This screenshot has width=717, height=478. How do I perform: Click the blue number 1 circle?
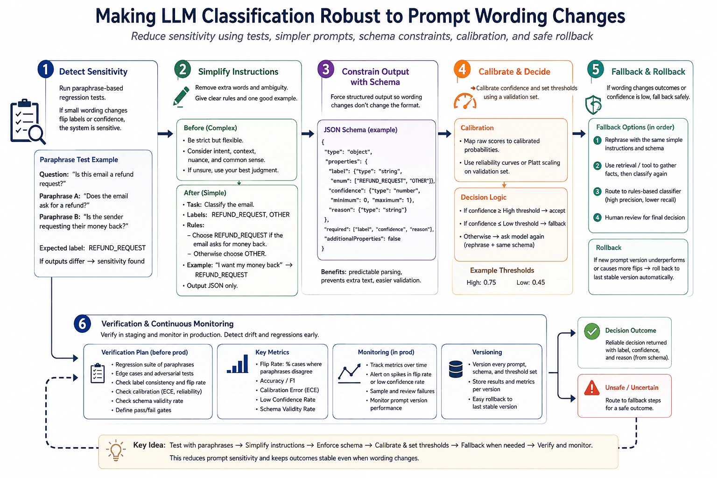pyautogui.click(x=45, y=69)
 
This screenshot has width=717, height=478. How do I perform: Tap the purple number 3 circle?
pyautogui.click(x=326, y=69)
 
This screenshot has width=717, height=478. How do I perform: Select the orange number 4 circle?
pyautogui.click(x=462, y=69)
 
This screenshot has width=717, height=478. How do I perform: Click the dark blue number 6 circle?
pyautogui.click(x=82, y=323)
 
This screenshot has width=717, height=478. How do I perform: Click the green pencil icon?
pyautogui.click(x=181, y=96)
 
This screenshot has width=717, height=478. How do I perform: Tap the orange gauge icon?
pyautogui.click(x=465, y=101)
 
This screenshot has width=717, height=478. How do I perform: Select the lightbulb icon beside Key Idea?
pyautogui.click(x=116, y=450)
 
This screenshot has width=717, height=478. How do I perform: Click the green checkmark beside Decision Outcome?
pyautogui.click(x=592, y=331)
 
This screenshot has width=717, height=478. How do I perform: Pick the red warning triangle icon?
pyautogui.click(x=592, y=388)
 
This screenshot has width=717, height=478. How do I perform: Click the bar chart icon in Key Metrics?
pyautogui.click(x=238, y=364)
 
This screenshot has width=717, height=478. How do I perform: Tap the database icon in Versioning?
pyautogui.click(x=456, y=369)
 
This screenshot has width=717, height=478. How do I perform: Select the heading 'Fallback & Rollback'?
pyautogui.click(x=648, y=72)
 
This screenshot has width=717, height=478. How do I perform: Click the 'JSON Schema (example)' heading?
pyautogui.click(x=360, y=130)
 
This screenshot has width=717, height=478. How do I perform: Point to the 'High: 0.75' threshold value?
pyautogui.click(x=481, y=282)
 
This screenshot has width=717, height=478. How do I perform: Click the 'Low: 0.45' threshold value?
pyautogui.click(x=530, y=282)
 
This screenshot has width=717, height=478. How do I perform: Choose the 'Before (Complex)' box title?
pyautogui.click(x=211, y=128)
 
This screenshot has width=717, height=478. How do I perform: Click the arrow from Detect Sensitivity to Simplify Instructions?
pyautogui.click(x=166, y=134)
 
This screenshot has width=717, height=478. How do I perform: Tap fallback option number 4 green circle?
pyautogui.click(x=597, y=218)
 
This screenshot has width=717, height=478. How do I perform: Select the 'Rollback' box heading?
pyautogui.click(x=609, y=247)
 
